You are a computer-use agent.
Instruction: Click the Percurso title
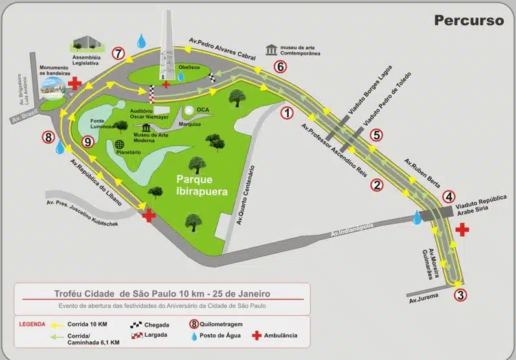point(469,20)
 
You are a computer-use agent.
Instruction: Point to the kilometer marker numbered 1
point(287,114)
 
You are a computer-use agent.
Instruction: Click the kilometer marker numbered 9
point(88,142)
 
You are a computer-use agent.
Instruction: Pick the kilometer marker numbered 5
point(377,135)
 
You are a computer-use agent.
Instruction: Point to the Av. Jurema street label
point(423,299)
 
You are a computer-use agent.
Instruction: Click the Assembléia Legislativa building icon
point(85,43)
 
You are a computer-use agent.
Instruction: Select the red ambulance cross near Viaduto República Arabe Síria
point(463,229)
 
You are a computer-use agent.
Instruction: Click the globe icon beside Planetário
point(119,144)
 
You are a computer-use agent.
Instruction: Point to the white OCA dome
point(189,111)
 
